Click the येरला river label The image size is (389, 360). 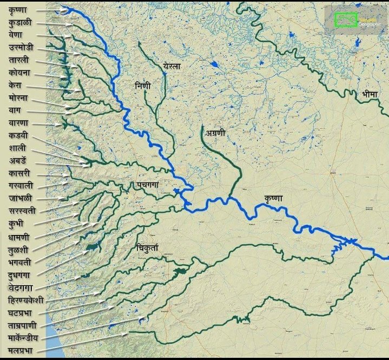tap(172, 66)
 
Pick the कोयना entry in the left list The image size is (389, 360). tap(19, 73)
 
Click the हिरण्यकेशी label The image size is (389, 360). tap(26, 300)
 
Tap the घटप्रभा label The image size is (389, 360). tap(23, 312)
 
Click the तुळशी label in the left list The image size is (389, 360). tap(19, 249)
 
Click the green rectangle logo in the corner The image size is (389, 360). tap(345, 20)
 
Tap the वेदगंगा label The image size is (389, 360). tap(22, 286)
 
